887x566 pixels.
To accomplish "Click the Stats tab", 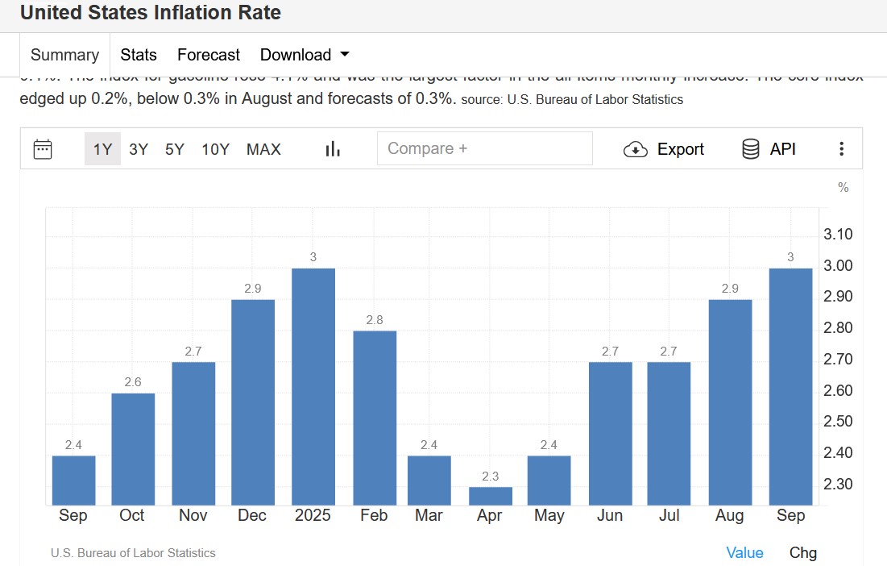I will coord(139,55).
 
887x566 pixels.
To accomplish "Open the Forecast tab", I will coord(209,55).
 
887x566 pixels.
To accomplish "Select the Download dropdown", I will coord(305,55).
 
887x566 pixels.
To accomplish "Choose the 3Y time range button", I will coord(139,149).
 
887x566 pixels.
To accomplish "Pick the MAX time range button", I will coord(263,149).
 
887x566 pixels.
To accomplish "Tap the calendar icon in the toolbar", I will coord(43,149).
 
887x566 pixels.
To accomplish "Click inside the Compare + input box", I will coord(484,148).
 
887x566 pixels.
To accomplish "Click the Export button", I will coord(664,149).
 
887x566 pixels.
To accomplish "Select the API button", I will coord(769,149).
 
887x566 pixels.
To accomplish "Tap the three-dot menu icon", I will coord(842,149).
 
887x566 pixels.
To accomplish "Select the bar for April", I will coord(491,496).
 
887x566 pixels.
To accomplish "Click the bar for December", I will coord(253,402).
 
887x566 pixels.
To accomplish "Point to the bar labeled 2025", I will coord(313,386).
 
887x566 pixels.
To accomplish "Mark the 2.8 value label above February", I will coord(375,320).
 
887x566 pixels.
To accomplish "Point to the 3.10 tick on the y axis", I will coord(839,235).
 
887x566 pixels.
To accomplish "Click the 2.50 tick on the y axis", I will coord(839,422).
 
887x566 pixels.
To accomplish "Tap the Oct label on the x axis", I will coord(132,516).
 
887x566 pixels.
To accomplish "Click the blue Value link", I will coord(744,552).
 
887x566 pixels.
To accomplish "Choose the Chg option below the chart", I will coord(802,552).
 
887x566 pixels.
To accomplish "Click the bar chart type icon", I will coord(333,149).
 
